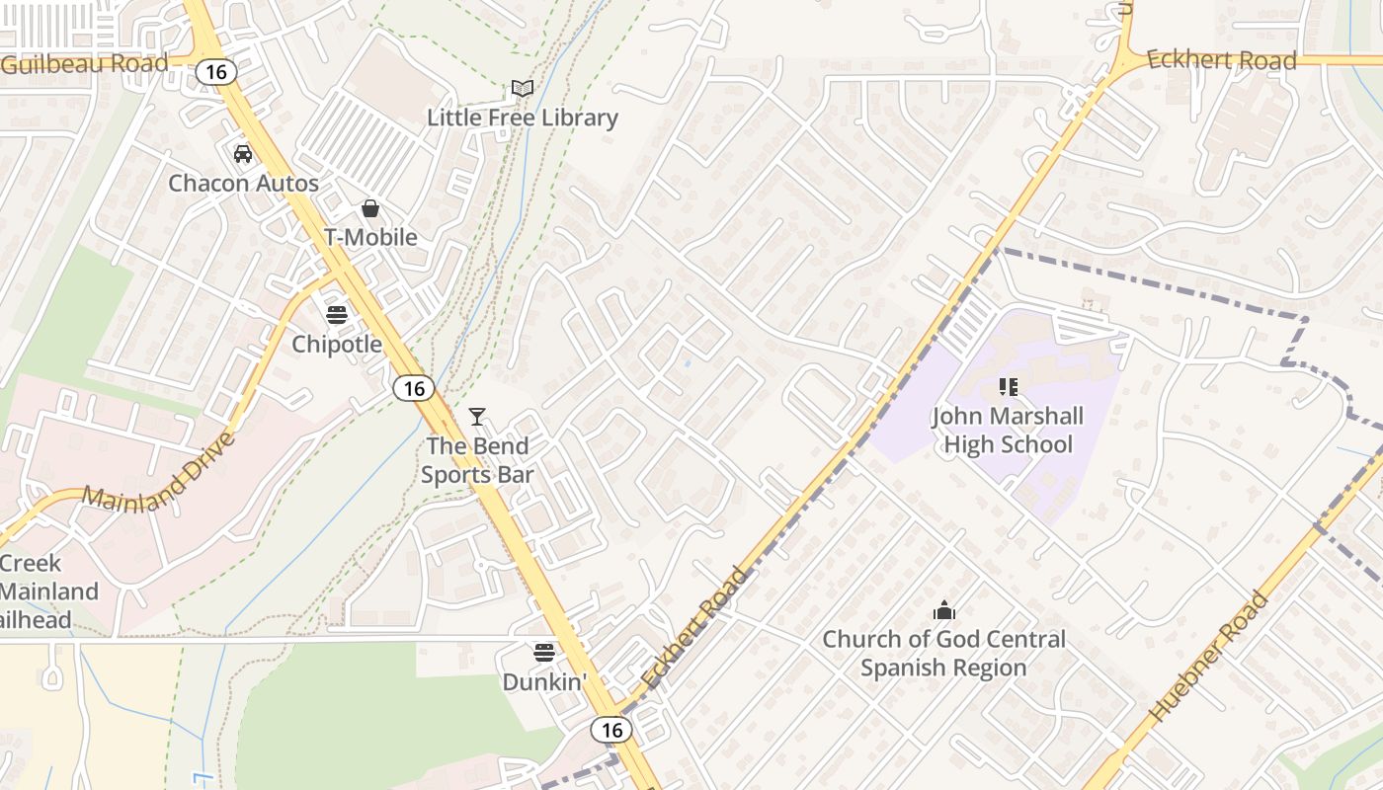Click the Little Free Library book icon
click(x=523, y=89)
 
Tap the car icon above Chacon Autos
click(x=242, y=154)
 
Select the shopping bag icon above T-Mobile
click(x=370, y=208)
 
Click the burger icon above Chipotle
click(x=337, y=315)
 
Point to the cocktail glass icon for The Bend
click(x=477, y=417)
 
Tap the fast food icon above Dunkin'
click(x=544, y=653)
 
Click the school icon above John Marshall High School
click(x=1008, y=387)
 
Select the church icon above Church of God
click(x=944, y=610)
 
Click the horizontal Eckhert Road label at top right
click(x=1222, y=60)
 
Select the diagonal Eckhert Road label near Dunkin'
click(x=694, y=628)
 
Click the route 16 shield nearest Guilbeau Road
click(x=216, y=72)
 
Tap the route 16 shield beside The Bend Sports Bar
click(x=414, y=388)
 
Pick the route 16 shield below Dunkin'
click(x=611, y=730)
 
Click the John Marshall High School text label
click(x=1008, y=431)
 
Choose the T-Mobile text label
click(x=370, y=237)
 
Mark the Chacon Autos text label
click(x=243, y=184)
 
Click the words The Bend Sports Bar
click(x=477, y=460)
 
